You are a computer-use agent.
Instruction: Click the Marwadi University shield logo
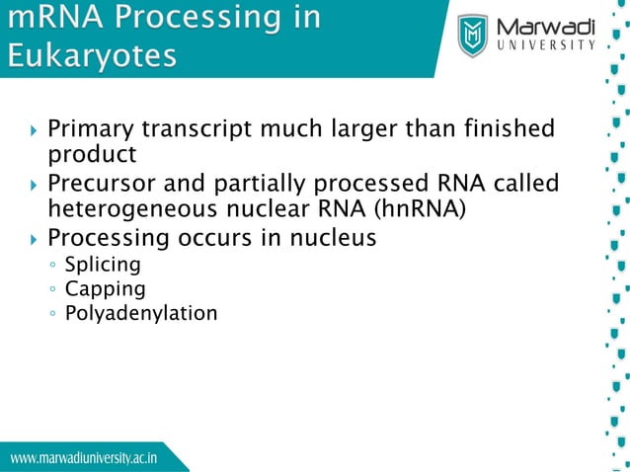click(x=475, y=36)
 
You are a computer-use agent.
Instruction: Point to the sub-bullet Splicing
click(x=102, y=265)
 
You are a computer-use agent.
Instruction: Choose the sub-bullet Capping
click(x=105, y=289)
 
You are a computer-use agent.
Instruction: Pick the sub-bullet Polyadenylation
click(x=141, y=314)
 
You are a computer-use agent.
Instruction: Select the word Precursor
click(x=98, y=185)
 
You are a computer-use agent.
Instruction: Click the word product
click(x=91, y=154)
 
